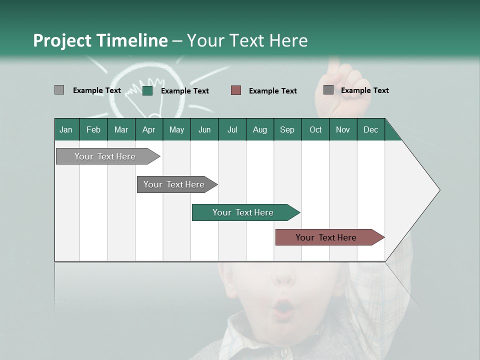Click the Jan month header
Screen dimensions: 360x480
pyautogui.click(x=66, y=129)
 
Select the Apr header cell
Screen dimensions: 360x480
pyautogui.click(x=149, y=129)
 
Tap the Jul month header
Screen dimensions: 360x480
pyautogui.click(x=232, y=129)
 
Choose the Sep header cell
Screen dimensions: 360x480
pyautogui.click(x=287, y=129)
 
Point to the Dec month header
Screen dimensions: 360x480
pyautogui.click(x=370, y=129)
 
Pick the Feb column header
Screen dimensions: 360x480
pyautogui.click(x=93, y=129)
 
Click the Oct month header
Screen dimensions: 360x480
pyautogui.click(x=315, y=129)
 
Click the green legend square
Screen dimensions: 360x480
pyautogui.click(x=147, y=90)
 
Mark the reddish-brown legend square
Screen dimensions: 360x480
pyautogui.click(x=236, y=90)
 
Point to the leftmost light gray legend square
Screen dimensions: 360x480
pyautogui.click(x=59, y=90)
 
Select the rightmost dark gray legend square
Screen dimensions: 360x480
pyautogui.click(x=328, y=89)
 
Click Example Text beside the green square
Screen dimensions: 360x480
pyautogui.click(x=184, y=91)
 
